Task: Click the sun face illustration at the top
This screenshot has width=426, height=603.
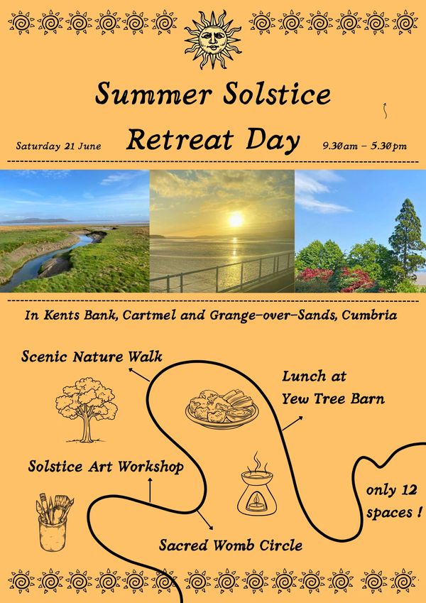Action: point(212,40)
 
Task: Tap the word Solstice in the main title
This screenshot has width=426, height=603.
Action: point(277,94)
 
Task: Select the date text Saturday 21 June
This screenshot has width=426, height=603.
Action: point(58,146)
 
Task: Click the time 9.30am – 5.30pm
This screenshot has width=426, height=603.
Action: point(364,146)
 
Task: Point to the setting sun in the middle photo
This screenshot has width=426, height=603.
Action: point(236,219)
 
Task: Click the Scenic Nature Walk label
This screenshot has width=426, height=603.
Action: point(92,357)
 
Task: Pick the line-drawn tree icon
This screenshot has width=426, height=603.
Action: point(87,410)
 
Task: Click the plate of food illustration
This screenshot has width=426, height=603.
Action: point(222,409)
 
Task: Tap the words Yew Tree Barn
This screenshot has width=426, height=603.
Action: point(333,399)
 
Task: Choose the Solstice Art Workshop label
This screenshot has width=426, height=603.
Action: point(106,467)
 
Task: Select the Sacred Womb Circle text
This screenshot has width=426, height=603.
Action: point(231,545)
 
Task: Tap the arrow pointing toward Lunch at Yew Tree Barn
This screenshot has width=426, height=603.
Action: point(293,423)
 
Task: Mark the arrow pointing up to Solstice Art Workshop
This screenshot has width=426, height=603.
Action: point(150,489)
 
